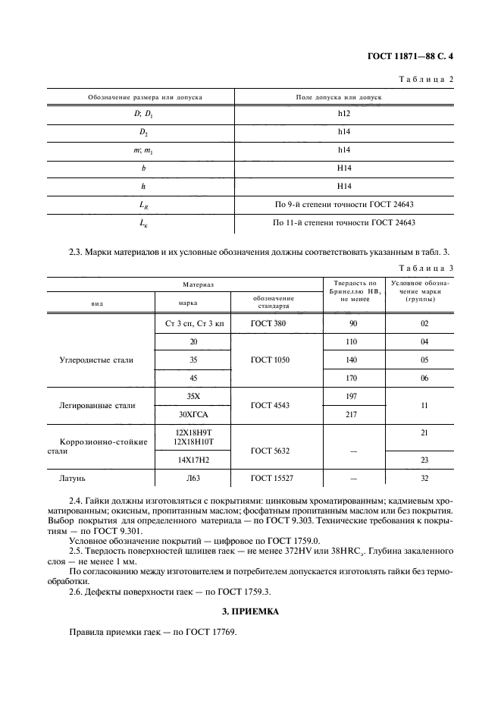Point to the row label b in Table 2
143,167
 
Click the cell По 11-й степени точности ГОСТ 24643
343,222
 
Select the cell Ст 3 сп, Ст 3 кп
195,323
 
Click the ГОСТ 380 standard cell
269,323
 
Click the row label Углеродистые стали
96,360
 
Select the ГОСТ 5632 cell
269,450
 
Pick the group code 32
424,479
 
